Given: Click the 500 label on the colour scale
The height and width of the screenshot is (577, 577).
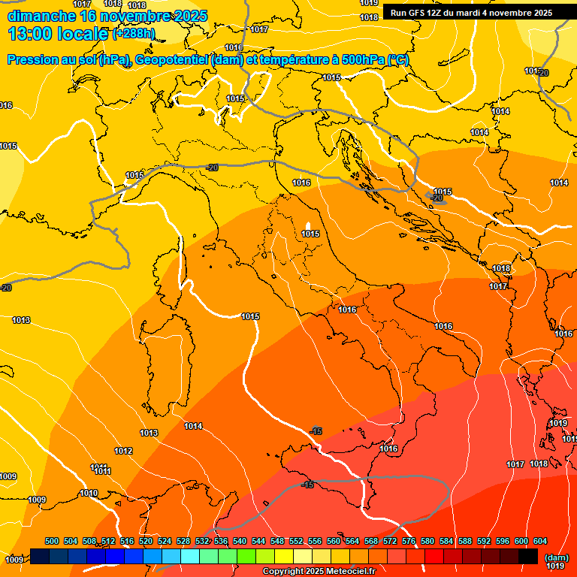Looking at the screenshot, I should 52,542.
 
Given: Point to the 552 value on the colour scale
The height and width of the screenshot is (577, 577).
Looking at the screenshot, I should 296,542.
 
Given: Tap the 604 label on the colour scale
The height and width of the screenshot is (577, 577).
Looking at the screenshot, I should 540,542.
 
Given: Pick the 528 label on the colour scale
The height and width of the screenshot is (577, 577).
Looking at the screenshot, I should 183,542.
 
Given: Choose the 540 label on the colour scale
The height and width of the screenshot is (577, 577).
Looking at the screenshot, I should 240,542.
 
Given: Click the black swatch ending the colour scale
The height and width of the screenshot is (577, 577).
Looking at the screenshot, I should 528,556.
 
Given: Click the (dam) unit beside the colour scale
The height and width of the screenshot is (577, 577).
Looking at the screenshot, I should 556,557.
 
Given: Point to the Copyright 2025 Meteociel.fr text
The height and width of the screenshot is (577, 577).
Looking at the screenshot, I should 318,572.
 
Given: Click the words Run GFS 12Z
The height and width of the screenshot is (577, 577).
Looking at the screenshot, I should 417,13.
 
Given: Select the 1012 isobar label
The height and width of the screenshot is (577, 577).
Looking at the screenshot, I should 123,452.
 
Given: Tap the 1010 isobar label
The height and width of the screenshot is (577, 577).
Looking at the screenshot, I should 89,494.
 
